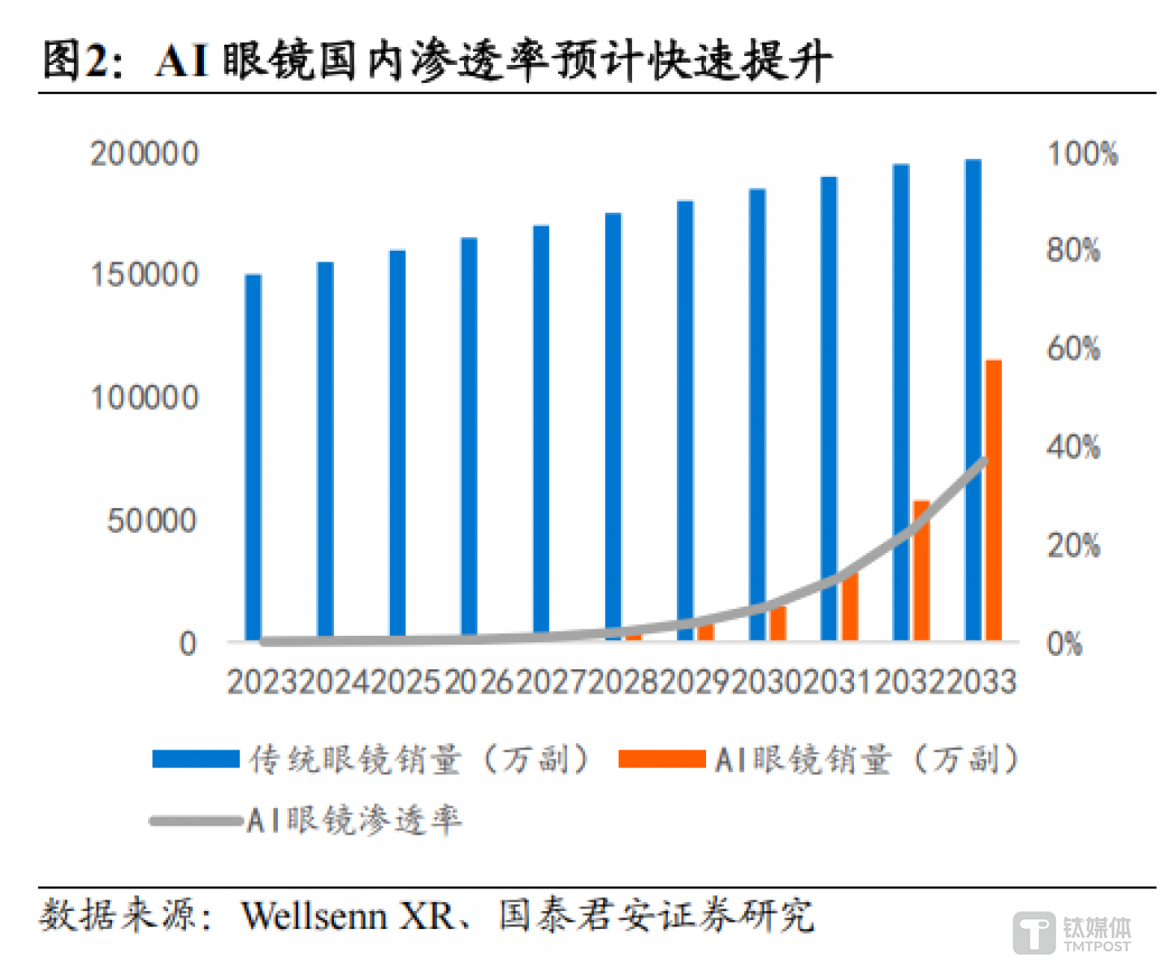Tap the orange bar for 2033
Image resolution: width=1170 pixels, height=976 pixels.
click(994, 499)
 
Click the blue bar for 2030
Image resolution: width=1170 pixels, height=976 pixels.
click(757, 414)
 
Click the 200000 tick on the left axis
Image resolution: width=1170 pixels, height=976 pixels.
click(145, 153)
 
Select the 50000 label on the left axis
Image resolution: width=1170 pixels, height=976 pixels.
click(152, 520)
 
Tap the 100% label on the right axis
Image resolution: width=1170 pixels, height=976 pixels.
click(1082, 153)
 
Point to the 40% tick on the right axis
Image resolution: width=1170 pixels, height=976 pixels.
click(1073, 447)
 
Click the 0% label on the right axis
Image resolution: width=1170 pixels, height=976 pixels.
click(1064, 644)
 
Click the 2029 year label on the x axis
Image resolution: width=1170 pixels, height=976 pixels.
click(694, 682)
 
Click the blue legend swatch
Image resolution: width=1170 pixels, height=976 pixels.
click(196, 758)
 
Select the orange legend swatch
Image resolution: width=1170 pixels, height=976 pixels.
click(661, 758)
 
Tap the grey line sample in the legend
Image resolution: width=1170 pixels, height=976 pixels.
click(196, 821)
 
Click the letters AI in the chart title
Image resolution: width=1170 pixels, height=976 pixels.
click(183, 61)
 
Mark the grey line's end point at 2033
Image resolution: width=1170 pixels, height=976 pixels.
click(984, 461)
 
